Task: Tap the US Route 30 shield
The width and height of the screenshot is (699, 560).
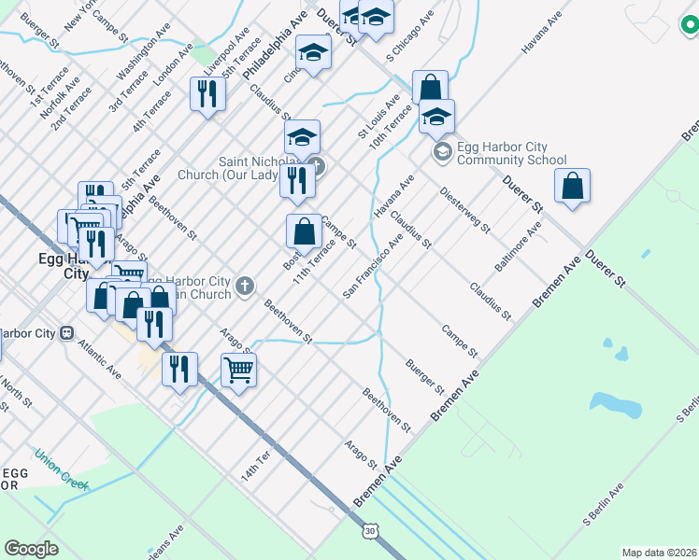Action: pos(370,530)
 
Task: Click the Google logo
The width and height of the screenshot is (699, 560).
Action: pos(32,549)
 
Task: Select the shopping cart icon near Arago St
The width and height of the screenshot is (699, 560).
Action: pos(238,371)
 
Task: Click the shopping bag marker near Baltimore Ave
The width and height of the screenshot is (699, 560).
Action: pos(573,186)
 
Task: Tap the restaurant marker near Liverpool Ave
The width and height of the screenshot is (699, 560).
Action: pos(207,93)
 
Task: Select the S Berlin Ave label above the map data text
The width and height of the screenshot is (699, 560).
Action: pos(603,504)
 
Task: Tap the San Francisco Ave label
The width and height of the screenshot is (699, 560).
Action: pos(373,265)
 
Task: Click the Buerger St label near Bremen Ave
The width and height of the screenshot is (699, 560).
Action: pos(424,375)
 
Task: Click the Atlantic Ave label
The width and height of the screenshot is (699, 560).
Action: pos(101,357)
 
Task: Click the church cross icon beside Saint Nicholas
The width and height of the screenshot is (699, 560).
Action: pos(316,167)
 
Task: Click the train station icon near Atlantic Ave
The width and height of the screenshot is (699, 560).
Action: pos(67,332)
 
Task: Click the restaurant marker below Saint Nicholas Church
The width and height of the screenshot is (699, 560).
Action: pos(296,180)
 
